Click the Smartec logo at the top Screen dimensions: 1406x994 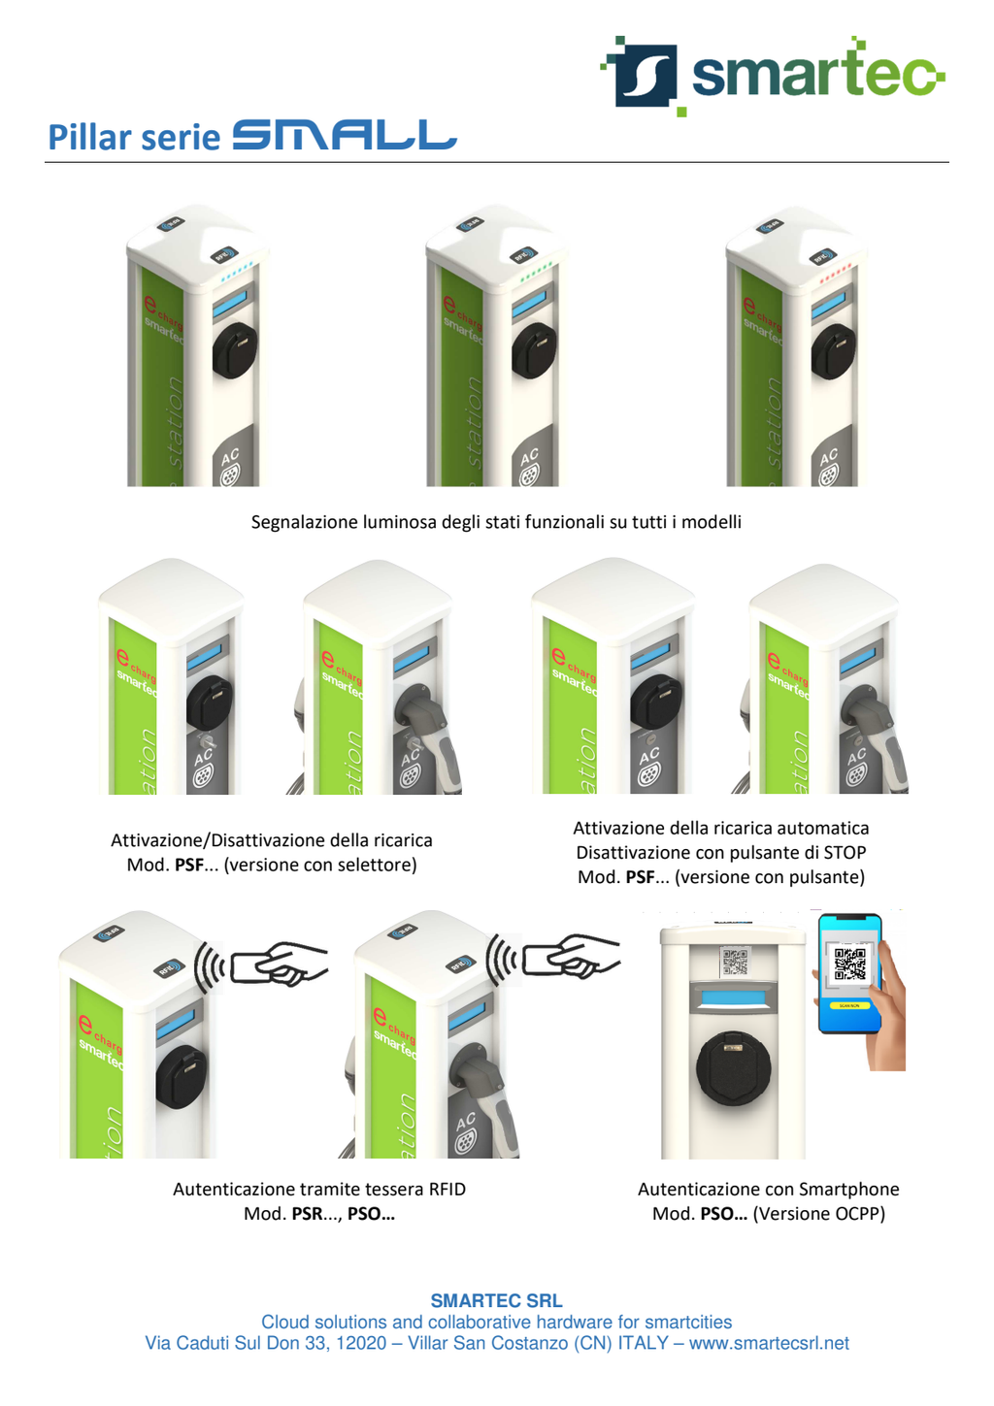[x=773, y=76]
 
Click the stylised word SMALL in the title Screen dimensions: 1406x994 [x=344, y=136]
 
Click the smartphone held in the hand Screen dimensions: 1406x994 [x=850, y=972]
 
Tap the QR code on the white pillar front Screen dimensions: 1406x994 [x=735, y=962]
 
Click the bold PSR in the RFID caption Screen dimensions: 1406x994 [x=307, y=1214]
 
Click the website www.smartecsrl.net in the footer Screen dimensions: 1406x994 [x=769, y=1344]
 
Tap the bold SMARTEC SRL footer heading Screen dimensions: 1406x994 [x=496, y=1301]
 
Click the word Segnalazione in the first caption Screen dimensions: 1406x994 [x=304, y=522]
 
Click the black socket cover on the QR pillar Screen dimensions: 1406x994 [x=734, y=1068]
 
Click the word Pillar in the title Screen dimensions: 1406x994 [x=90, y=138]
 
